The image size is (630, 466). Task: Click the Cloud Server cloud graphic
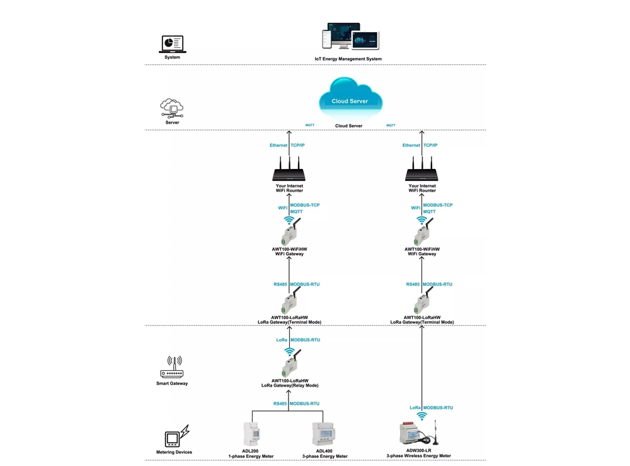click(x=350, y=99)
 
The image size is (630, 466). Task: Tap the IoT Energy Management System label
click(x=348, y=59)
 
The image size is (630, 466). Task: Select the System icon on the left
click(x=171, y=44)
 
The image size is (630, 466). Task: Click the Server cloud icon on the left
click(x=172, y=108)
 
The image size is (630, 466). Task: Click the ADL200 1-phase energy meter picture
click(x=252, y=434)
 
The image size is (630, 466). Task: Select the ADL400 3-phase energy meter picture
click(x=323, y=434)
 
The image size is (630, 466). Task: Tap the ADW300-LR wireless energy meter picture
click(x=416, y=434)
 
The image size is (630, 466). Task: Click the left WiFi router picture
click(x=289, y=171)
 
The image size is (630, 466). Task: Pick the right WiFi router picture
click(x=421, y=171)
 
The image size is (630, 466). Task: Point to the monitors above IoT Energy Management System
click(x=350, y=37)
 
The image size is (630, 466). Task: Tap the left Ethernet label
click(x=278, y=146)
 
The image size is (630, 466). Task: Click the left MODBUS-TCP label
click(x=305, y=206)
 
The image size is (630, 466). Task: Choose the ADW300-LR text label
click(x=419, y=451)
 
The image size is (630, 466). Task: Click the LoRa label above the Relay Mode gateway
click(x=282, y=340)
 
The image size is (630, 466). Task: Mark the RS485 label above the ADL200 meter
click(x=280, y=404)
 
